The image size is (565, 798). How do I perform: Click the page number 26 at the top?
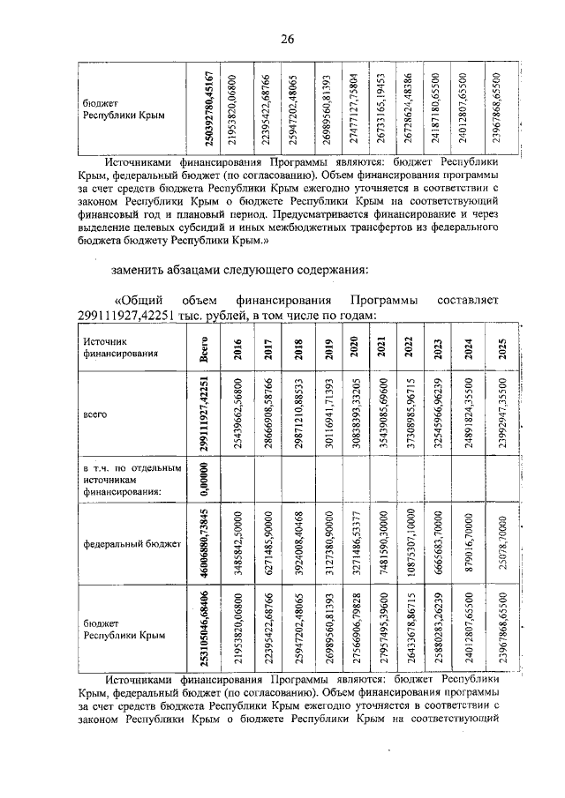click(287, 39)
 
